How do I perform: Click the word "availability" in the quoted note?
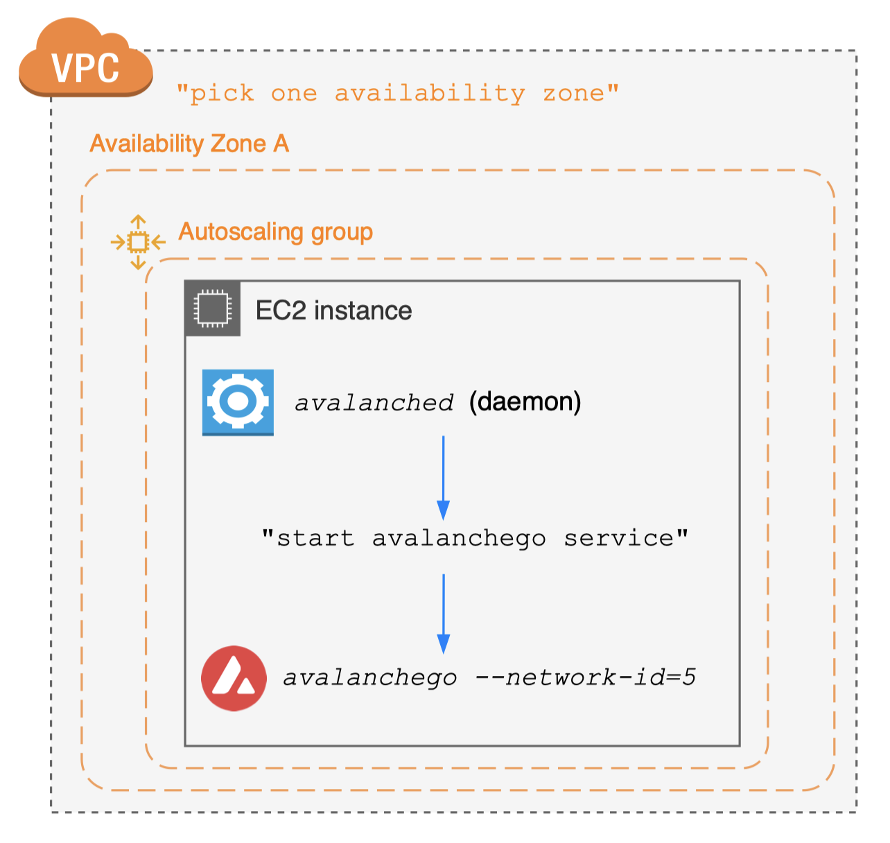[430, 94]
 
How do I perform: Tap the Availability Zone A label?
[189, 144]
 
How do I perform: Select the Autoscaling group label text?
[275, 232]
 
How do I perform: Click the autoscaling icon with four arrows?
[139, 242]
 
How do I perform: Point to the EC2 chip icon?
[212, 308]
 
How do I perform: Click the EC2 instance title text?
[333, 311]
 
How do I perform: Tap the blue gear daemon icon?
[238, 402]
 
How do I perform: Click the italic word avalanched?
[374, 403]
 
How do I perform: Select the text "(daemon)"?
[525, 402]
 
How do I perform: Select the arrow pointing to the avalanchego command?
[444, 614]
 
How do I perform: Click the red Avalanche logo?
[234, 679]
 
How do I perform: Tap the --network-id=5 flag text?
[586, 677]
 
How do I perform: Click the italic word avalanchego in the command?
[370, 678]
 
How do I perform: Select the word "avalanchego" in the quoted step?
[459, 538]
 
